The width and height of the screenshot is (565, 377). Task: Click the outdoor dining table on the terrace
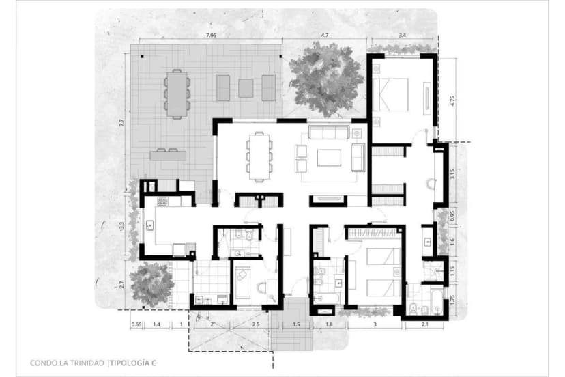(177, 94)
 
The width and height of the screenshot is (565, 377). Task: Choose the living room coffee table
(329, 158)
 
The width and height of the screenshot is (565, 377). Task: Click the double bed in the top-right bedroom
(390, 94)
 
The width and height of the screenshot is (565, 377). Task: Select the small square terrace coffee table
(246, 87)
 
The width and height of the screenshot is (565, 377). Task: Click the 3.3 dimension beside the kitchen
(121, 225)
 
